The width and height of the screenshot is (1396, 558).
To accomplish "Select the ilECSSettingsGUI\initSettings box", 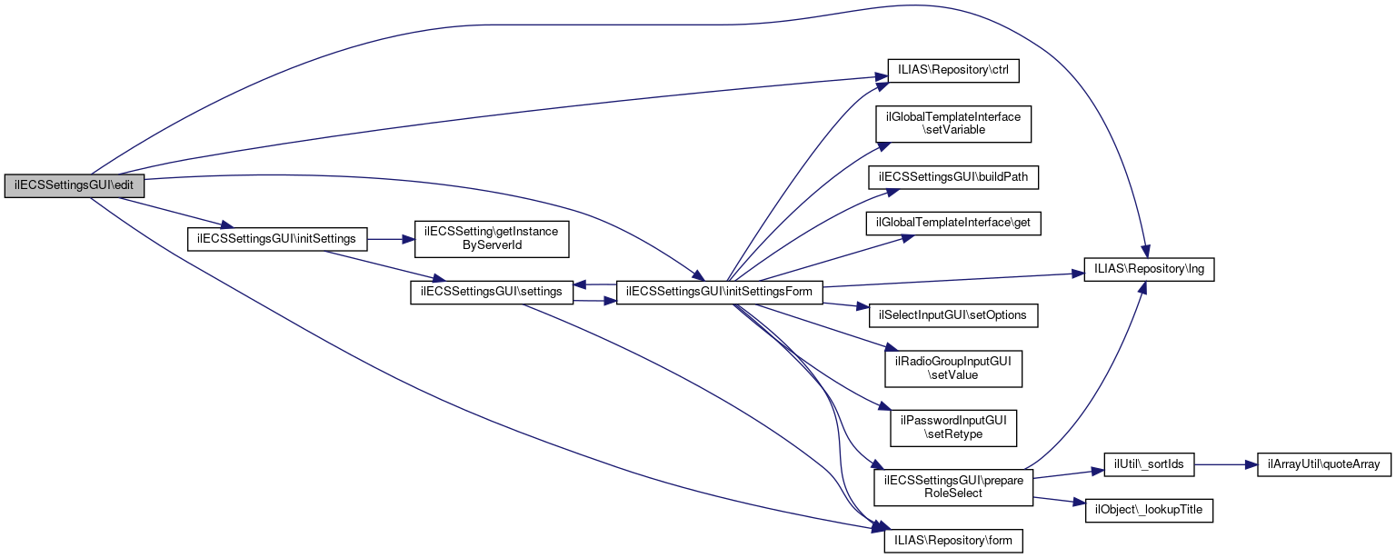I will [x=276, y=239].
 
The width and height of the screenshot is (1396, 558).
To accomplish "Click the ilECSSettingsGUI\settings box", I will [x=492, y=292].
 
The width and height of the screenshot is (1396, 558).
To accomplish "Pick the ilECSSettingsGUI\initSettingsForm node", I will [x=720, y=292].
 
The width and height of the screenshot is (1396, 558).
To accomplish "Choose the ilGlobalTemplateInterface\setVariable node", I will [x=952, y=124].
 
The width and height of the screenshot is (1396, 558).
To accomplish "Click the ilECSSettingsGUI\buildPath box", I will [x=953, y=177].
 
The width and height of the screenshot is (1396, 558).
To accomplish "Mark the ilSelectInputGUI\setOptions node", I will [x=953, y=314].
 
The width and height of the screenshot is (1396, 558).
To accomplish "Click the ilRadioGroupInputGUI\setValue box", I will [x=953, y=367].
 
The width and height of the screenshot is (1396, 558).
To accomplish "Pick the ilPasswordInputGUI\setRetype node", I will [x=953, y=427].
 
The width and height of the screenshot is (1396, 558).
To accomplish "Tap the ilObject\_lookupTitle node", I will [x=1149, y=510].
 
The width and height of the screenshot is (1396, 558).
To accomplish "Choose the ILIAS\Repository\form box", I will [x=953, y=540].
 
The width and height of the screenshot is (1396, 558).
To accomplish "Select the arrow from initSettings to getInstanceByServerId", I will [x=391, y=239].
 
